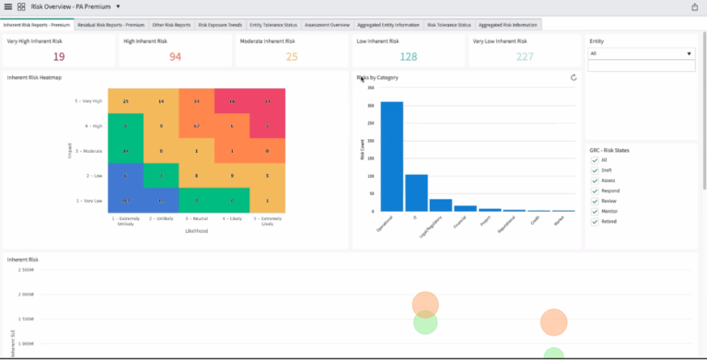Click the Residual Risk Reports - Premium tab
[110, 25]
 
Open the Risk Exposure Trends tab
[220, 25]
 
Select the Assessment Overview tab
[327, 25]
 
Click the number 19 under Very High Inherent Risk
[58, 57]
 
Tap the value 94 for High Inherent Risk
[175, 57]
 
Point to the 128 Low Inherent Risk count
[408, 57]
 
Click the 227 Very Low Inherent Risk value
[525, 57]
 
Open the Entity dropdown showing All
[641, 53]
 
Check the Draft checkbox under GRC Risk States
[594, 170]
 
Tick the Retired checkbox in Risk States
[594, 221]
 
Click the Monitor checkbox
[594, 211]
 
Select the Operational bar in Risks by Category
[392, 157]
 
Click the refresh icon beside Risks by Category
[574, 78]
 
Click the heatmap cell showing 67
[196, 125]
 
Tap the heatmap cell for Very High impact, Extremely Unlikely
[125, 100]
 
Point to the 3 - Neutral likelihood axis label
[196, 219]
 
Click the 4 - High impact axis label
[89, 125]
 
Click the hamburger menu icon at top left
[8, 6]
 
